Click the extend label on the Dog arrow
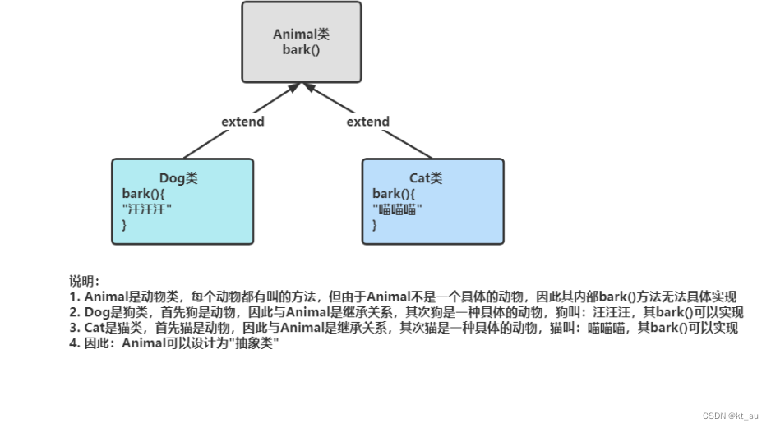pyautogui.click(x=242, y=122)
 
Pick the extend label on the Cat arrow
pyautogui.click(x=367, y=122)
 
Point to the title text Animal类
pyautogui.click(x=301, y=35)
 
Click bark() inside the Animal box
pyautogui.click(x=301, y=49)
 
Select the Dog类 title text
pyautogui.click(x=178, y=178)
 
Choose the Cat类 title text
pyautogui.click(x=426, y=178)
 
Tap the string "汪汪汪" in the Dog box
pyautogui.click(x=147, y=209)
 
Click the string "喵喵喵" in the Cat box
pyautogui.click(x=397, y=209)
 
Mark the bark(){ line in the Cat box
pyautogui.click(x=394, y=194)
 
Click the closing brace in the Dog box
pyautogui.click(x=125, y=224)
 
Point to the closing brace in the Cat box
pyautogui.click(x=375, y=224)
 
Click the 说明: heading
pyautogui.click(x=85, y=282)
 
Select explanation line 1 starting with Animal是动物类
pyautogui.click(x=403, y=297)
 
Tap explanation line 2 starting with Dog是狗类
pyautogui.click(x=406, y=312)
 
